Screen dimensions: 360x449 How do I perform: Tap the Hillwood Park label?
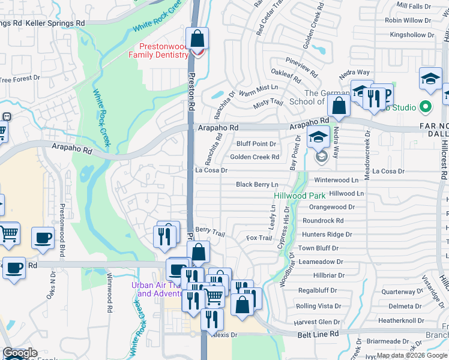click(x=300, y=196)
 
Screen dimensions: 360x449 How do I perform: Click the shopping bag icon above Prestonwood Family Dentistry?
click(x=197, y=40)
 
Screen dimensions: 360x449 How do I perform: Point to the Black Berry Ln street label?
click(x=257, y=185)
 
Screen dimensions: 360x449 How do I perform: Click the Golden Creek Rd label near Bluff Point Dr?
click(x=255, y=157)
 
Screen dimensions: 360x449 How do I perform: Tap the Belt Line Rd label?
click(x=318, y=333)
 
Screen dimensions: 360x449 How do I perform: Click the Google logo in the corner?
click(x=20, y=353)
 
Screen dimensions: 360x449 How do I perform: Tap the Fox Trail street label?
click(x=259, y=238)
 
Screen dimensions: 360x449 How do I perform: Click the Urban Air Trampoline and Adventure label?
click(x=157, y=289)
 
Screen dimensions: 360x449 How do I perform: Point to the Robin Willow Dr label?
click(x=408, y=20)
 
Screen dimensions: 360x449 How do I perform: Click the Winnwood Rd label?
click(x=110, y=292)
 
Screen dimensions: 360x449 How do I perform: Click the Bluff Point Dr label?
click(x=256, y=144)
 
